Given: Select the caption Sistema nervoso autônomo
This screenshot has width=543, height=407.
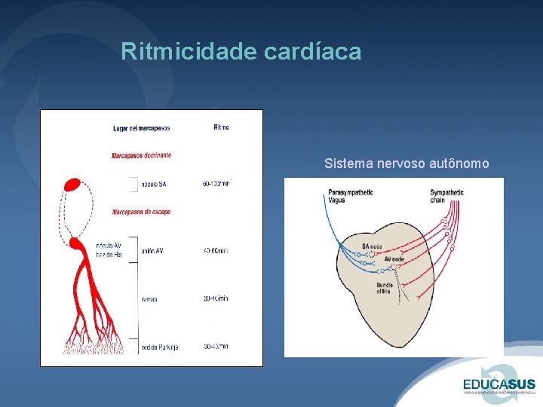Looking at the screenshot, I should tap(406, 163).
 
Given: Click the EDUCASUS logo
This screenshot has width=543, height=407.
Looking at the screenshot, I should tap(500, 383).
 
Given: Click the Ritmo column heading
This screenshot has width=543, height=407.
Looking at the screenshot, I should tap(221, 127).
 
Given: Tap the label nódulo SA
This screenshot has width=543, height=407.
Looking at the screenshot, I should tap(155, 184).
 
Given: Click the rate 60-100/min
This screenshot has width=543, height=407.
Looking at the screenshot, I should tap(216, 184).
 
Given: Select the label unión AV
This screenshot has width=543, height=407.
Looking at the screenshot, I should tap(152, 251).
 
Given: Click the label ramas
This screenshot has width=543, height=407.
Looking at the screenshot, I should tap(149, 298).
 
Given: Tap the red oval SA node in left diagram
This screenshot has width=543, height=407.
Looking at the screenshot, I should tap(73, 184).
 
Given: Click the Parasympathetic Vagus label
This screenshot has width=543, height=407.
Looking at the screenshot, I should tap(350, 196).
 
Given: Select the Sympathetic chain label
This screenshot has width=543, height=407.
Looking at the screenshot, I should tap(447, 196).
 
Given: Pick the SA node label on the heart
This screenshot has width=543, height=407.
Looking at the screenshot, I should tap(372, 246).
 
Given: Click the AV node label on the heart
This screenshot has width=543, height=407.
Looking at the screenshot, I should tap(394, 259).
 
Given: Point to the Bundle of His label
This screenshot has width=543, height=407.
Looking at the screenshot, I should tap(385, 289).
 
